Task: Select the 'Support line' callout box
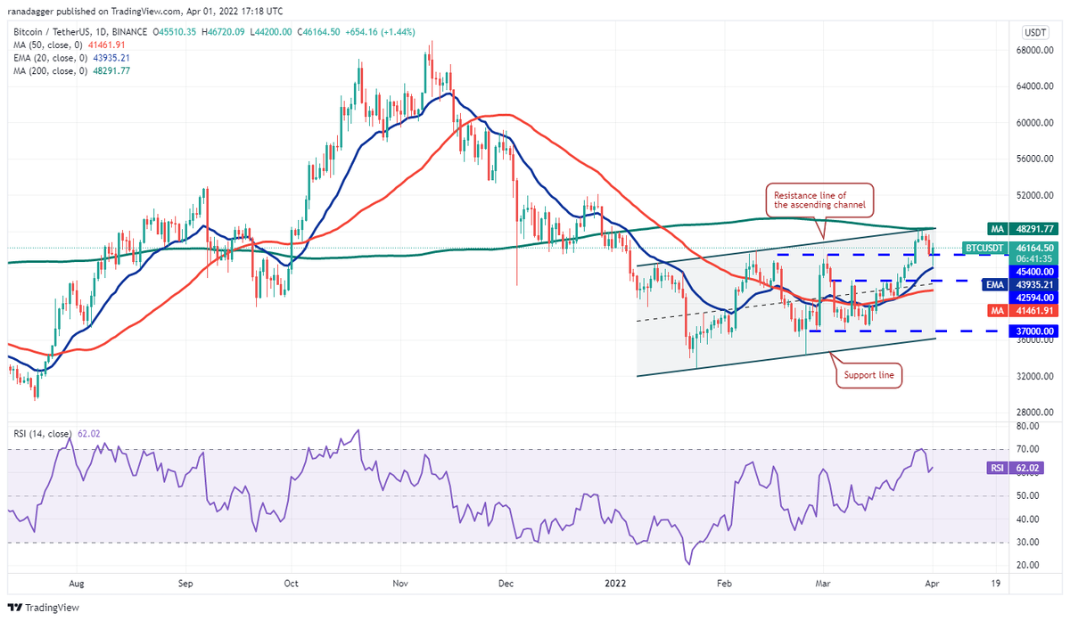click(870, 376)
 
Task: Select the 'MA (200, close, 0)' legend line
click(71, 70)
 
